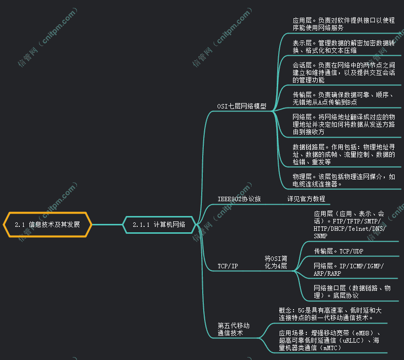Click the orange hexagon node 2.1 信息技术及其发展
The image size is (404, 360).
tap(47, 224)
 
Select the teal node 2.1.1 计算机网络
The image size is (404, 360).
tap(159, 224)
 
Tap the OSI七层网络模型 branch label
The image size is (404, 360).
tap(242, 106)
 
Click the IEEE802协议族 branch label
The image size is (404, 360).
tap(239, 199)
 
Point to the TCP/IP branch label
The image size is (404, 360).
tap(228, 266)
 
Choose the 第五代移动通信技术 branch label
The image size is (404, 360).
tap(234, 329)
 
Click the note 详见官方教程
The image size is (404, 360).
tap(306, 199)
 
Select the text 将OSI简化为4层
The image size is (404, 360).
tap(276, 262)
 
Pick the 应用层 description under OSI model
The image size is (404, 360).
tap(344, 24)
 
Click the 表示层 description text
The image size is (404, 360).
tap(344, 46)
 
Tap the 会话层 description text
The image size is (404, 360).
tap(344, 72)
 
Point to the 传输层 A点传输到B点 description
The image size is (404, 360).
tap(343, 98)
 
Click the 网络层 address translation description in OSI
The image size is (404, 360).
tap(344, 124)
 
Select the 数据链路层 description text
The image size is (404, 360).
tap(344, 154)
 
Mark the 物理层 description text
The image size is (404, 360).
tap(344, 180)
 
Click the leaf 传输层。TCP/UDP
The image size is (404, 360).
tap(338, 251)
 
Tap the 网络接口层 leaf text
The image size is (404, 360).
tap(352, 292)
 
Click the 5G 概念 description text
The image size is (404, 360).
tap(330, 314)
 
